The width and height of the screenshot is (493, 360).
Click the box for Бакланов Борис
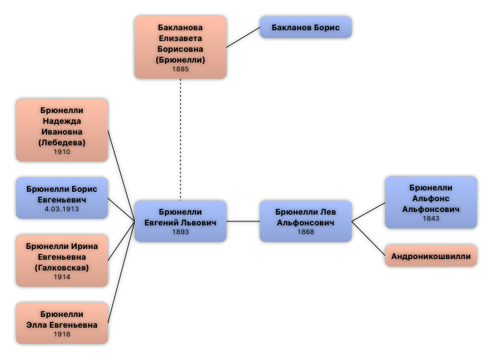click(x=305, y=28)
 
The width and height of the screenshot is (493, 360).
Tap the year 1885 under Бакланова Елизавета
click(x=180, y=69)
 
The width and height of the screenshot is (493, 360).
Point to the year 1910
click(x=62, y=152)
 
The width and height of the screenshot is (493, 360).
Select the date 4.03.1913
click(x=62, y=210)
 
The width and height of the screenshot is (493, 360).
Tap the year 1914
click(x=62, y=277)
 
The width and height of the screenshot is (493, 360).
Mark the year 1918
click(x=62, y=334)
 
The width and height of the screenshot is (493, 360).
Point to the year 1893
click(x=180, y=232)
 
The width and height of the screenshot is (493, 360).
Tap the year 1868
click(x=305, y=232)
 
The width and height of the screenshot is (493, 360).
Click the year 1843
click(x=430, y=219)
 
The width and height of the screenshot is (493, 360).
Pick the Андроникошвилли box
click(x=430, y=256)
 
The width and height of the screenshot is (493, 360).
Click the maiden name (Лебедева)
click(x=62, y=143)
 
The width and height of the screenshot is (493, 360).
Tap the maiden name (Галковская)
click(x=62, y=268)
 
